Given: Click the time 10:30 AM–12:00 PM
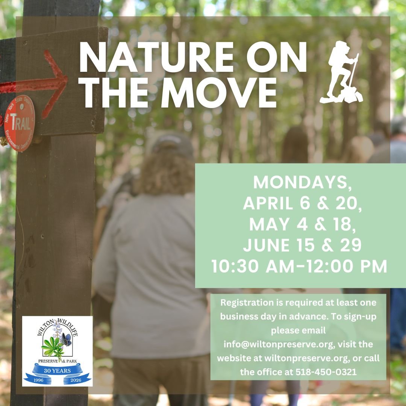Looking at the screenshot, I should click(x=299, y=267).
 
